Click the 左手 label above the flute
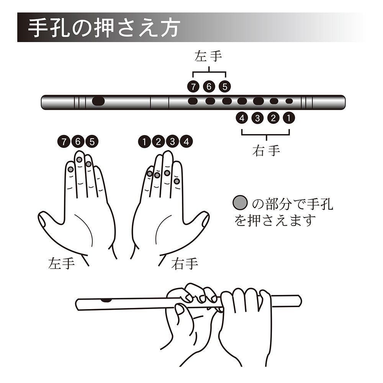click(208, 56)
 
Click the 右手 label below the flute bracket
click(266, 150)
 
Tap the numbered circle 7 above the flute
click(193, 87)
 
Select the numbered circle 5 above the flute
click(225, 87)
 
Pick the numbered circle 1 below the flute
click(289, 118)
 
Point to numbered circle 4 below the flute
click(242, 118)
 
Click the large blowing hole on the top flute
click(98, 101)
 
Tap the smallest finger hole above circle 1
click(289, 101)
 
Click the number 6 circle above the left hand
click(78, 141)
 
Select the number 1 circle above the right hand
click(144, 141)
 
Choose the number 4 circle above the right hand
click(187, 141)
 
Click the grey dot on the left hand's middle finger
click(79, 160)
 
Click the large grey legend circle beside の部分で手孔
click(240, 203)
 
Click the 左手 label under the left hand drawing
click(61, 264)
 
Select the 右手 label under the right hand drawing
click(185, 264)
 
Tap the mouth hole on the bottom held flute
click(105, 300)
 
